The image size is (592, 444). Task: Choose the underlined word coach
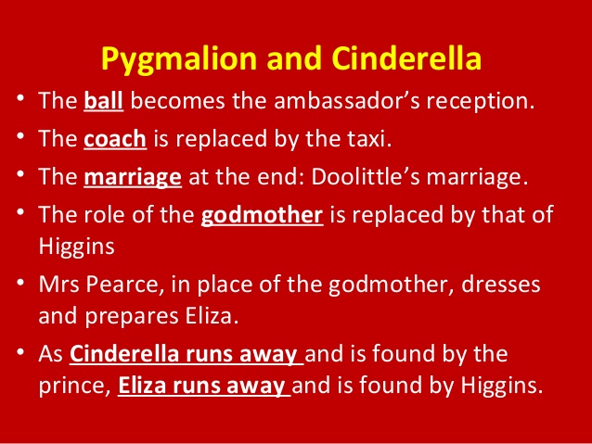click(x=115, y=141)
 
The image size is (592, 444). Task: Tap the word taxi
click(x=370, y=141)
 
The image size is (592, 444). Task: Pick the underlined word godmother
click(x=262, y=216)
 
